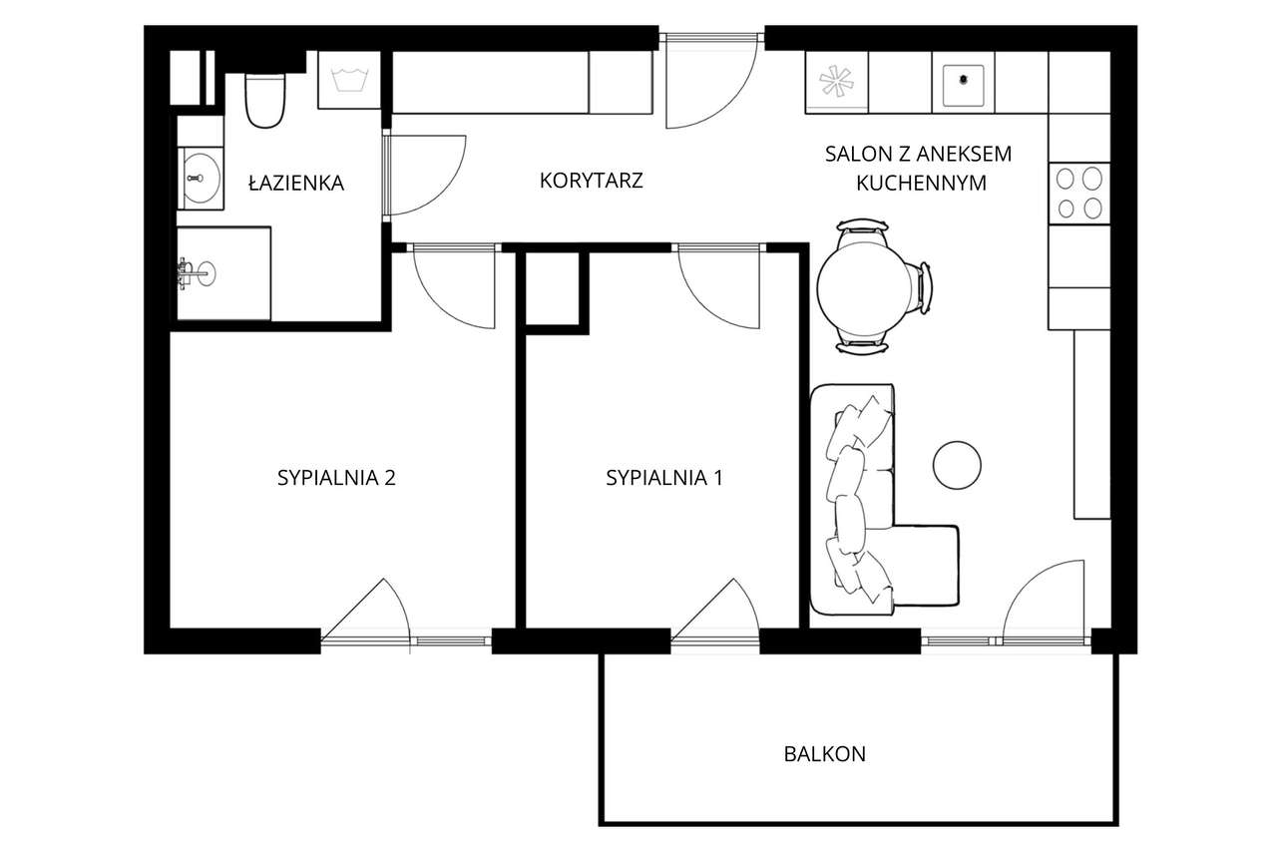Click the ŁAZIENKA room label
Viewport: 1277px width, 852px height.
tap(296, 183)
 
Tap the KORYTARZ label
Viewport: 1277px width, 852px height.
tap(591, 181)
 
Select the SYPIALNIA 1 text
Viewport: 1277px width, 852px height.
tap(663, 478)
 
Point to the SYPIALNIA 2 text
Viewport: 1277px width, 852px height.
tap(336, 478)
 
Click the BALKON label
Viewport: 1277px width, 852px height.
tap(824, 754)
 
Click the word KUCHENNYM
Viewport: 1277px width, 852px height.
tap(918, 184)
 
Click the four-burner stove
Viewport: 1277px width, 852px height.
tap(1079, 193)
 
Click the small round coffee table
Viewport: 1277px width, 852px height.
tap(957, 465)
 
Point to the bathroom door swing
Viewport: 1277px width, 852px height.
tap(424, 175)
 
